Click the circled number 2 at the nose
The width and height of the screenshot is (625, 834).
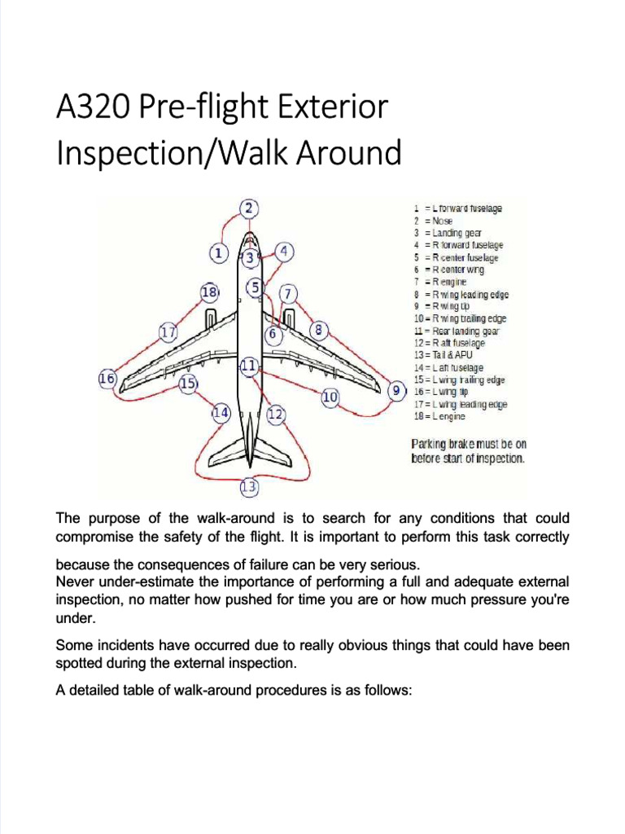250,208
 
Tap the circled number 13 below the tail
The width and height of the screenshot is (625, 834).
249,488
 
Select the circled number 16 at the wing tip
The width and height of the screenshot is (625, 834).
107,379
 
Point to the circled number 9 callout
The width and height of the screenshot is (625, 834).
396,392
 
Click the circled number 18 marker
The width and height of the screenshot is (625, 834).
209,291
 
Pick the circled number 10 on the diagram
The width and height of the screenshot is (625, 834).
330,397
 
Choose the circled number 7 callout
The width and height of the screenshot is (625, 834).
288,293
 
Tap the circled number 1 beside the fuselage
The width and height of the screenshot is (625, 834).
218,253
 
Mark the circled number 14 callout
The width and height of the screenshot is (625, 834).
221,413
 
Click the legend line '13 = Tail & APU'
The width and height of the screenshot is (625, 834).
443,356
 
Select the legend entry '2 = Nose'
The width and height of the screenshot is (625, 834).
433,221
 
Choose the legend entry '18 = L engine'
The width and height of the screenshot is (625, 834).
439,417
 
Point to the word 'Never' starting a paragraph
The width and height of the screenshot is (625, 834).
74,582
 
